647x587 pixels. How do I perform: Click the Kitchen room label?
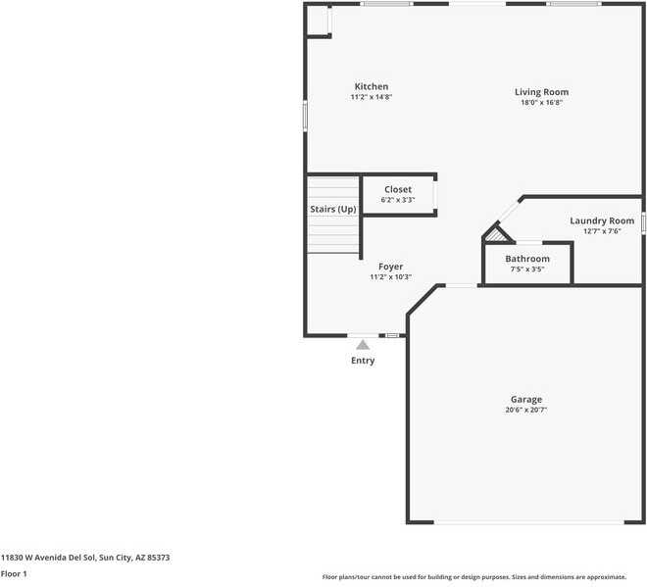click(371, 86)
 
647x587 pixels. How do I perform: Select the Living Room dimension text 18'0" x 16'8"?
click(541, 102)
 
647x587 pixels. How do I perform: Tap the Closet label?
click(398, 189)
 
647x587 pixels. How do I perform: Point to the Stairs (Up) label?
click(332, 210)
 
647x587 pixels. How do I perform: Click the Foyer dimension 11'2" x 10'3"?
click(390, 277)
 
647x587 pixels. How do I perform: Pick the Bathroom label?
click(527, 259)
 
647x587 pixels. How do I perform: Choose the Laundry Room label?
click(602, 220)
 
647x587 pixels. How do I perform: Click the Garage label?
click(525, 399)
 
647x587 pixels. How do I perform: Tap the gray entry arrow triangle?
click(363, 344)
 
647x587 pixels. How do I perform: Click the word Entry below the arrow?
click(363, 361)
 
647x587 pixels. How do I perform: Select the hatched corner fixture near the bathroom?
click(499, 234)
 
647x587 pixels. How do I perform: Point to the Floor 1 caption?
click(14, 573)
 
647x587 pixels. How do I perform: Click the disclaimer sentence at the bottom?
click(481, 577)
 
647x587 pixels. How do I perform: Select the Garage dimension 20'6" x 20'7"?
click(525, 410)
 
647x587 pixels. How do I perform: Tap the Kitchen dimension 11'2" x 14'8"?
click(371, 97)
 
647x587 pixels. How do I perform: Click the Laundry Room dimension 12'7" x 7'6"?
click(602, 231)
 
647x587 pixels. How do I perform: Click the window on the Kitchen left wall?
click(305, 116)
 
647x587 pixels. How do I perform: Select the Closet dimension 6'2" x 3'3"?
click(398, 200)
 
